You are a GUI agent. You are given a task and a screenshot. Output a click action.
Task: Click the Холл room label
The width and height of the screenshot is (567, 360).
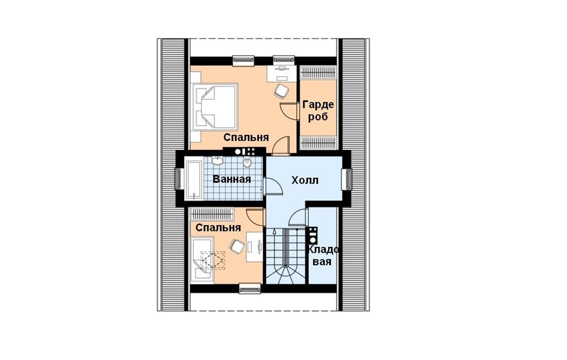[305, 180]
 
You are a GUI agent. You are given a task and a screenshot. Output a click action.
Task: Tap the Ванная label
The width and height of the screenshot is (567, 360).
[231, 179]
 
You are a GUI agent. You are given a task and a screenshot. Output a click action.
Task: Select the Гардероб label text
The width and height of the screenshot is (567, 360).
[318, 110]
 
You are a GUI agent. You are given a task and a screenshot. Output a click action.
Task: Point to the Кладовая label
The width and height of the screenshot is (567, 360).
[323, 255]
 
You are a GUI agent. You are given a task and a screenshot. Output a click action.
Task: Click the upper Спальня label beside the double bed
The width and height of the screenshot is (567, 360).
[246, 138]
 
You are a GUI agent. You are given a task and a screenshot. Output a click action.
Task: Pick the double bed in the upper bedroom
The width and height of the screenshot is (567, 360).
[215, 107]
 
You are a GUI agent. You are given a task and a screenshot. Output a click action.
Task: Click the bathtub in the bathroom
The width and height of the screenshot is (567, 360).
[194, 180]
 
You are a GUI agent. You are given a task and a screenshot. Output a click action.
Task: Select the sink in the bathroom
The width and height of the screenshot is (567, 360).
[217, 160]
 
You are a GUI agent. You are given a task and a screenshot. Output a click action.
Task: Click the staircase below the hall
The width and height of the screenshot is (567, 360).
[286, 256]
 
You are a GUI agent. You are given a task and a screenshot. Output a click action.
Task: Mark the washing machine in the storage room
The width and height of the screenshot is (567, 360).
[312, 235]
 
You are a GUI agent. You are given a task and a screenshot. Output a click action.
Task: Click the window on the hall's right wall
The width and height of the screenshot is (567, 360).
[348, 179]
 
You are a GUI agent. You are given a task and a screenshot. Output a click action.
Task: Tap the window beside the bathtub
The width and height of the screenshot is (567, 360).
[179, 179]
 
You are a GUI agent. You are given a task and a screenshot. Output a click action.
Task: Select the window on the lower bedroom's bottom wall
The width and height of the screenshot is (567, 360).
[250, 288]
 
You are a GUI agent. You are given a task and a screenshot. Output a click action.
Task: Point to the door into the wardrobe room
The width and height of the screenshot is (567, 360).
[289, 110]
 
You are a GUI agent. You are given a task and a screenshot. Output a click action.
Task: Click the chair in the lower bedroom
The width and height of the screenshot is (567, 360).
[237, 246]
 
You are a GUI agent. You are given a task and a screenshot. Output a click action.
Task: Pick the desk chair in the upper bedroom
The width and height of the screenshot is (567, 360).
[281, 91]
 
